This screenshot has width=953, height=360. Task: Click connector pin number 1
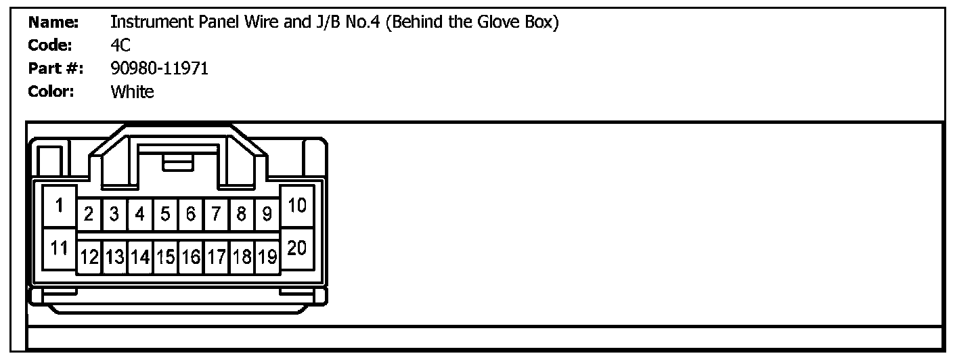(60, 205)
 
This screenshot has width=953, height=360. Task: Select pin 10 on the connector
(297, 205)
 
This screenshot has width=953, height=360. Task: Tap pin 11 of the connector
(60, 248)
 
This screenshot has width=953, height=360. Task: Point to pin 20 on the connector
(297, 248)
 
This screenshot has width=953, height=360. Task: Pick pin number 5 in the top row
(165, 215)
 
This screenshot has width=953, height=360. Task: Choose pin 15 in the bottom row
(165, 257)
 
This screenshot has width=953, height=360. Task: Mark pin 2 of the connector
(89, 215)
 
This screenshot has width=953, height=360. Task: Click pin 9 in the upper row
(267, 215)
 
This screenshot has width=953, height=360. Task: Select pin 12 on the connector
(89, 257)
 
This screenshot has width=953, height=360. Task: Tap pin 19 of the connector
(267, 257)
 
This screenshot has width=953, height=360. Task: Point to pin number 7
(216, 215)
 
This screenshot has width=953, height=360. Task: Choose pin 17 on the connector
(216, 257)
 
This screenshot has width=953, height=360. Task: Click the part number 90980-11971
(159, 68)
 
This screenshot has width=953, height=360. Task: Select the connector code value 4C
(120, 45)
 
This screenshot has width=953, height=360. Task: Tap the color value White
(132, 91)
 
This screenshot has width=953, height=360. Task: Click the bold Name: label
(53, 22)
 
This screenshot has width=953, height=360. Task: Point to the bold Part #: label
(56, 68)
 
